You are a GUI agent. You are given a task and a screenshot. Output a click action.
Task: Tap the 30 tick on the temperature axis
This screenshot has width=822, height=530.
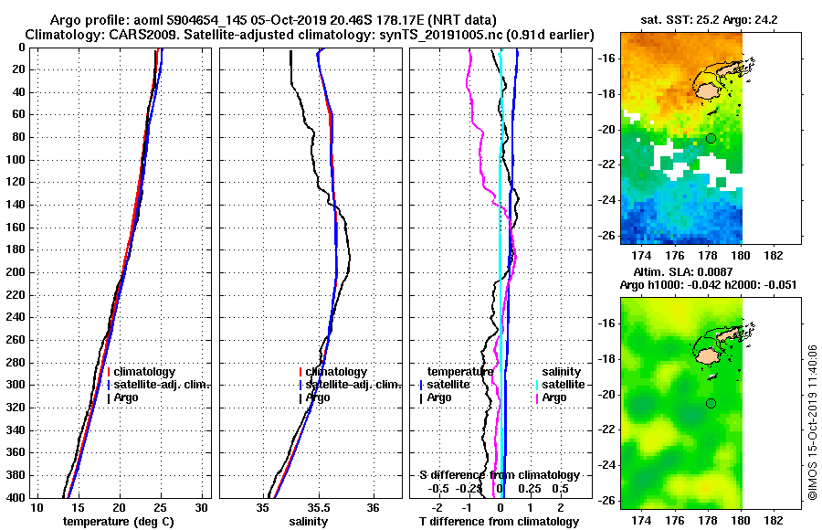pos(203,508)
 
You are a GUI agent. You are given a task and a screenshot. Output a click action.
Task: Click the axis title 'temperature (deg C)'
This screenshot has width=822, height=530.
pos(119,522)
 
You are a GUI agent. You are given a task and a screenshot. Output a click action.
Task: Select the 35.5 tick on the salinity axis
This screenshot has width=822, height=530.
pos(318,508)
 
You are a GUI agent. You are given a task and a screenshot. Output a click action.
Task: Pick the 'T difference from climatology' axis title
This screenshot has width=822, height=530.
pos(499,522)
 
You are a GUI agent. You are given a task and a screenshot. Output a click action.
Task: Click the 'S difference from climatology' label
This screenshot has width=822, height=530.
pos(500,475)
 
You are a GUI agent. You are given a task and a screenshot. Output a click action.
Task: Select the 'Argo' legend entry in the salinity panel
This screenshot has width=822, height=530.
pos(318,397)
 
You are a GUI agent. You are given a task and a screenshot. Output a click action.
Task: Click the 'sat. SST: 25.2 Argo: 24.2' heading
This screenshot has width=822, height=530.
pos(700,19)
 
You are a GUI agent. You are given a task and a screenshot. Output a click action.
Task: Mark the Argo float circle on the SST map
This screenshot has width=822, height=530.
pos(711,138)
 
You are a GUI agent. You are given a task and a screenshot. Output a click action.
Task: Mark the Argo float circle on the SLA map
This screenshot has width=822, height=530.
pos(711,403)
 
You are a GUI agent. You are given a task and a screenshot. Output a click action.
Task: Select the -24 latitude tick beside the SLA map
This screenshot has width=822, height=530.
pos(606,465)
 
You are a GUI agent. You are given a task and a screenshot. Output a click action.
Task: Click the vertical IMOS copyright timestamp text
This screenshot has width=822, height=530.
pos(812,420)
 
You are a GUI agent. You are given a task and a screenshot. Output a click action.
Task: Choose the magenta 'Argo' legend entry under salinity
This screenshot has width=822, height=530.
pos(554,397)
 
